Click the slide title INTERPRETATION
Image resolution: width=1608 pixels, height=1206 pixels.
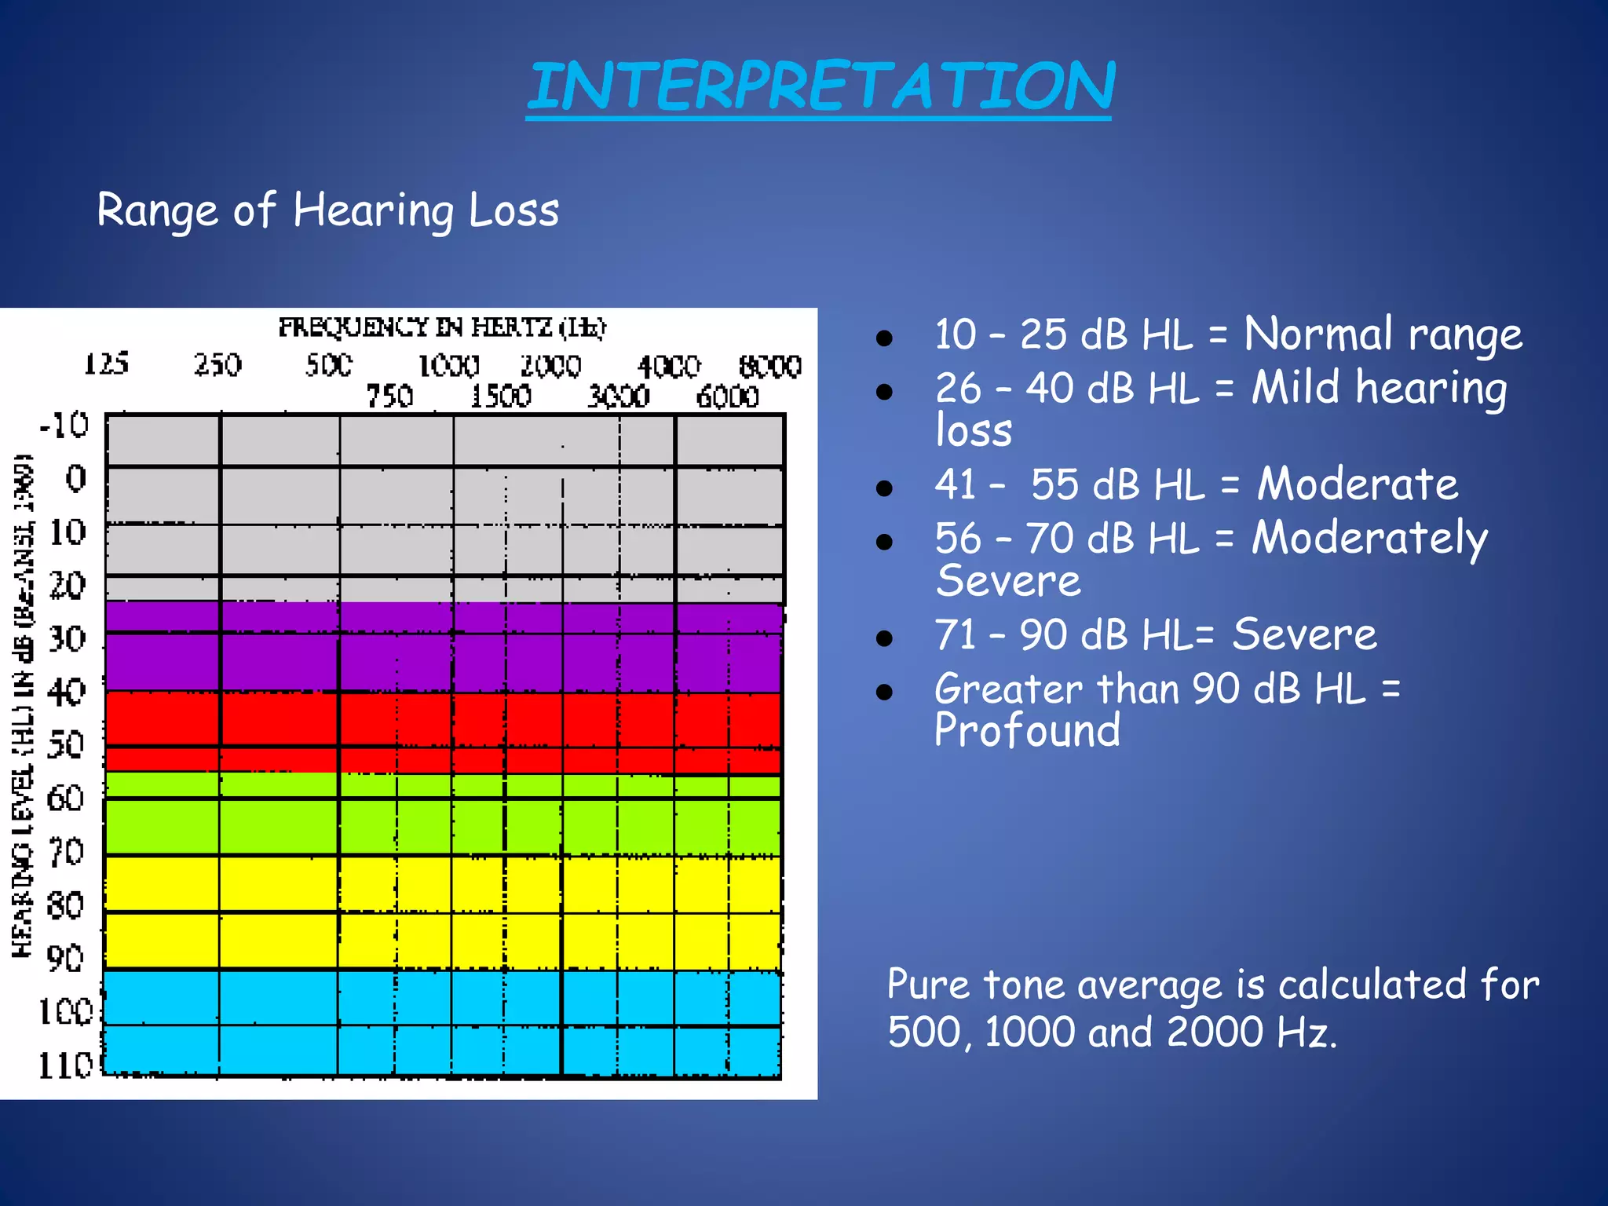[x=820, y=86]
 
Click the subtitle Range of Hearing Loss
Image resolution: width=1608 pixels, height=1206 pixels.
[x=327, y=210]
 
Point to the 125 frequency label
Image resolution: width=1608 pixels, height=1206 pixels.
[x=107, y=364]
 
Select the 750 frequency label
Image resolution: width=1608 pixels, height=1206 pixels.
[x=389, y=396]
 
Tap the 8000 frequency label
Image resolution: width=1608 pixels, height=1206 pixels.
[x=769, y=367]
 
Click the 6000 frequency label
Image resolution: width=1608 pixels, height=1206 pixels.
[x=727, y=397]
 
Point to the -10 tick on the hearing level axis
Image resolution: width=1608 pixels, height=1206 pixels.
[x=65, y=425]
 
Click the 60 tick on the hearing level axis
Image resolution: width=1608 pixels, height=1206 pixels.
[x=66, y=799]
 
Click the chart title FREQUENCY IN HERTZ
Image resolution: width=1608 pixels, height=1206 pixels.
[x=442, y=327]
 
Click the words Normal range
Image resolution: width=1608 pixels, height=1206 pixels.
[x=1383, y=334]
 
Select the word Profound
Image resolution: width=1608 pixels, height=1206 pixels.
[x=1027, y=730]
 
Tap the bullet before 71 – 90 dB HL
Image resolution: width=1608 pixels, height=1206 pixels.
[x=885, y=638]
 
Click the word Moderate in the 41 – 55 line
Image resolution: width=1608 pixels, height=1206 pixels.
[x=1358, y=484]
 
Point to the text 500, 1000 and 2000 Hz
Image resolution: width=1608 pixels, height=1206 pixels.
[x=1112, y=1032]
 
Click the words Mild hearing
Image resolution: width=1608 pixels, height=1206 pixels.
[x=1379, y=388]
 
